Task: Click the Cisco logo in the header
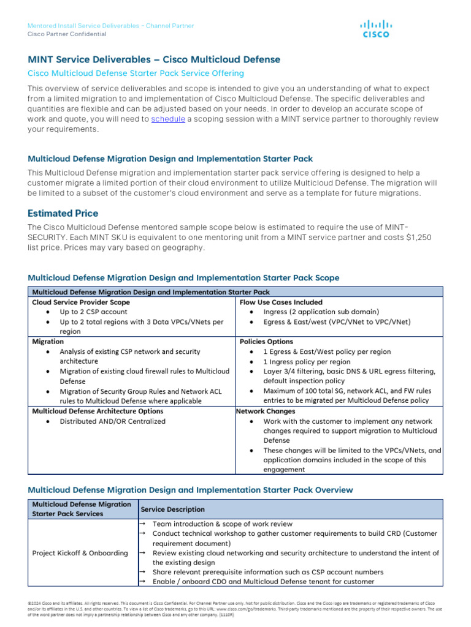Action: click(x=375, y=29)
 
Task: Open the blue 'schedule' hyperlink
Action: click(x=168, y=119)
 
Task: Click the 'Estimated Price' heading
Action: click(x=63, y=213)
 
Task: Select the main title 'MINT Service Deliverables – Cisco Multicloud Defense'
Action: click(x=154, y=59)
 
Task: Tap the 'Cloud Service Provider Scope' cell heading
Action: click(x=81, y=302)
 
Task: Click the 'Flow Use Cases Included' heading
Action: click(x=281, y=302)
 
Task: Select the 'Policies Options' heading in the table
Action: click(x=266, y=342)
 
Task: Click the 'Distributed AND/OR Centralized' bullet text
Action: click(x=112, y=421)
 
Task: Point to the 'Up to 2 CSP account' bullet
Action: click(x=93, y=312)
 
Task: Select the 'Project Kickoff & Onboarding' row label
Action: click(x=80, y=553)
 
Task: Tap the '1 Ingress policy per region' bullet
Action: click(x=307, y=361)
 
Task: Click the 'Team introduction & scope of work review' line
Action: click(x=223, y=524)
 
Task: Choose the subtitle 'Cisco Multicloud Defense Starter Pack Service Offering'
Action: click(x=136, y=73)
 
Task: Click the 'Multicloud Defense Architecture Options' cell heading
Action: click(x=98, y=411)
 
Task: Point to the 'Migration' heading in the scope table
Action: click(x=48, y=342)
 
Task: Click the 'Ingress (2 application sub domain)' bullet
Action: click(x=321, y=312)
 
